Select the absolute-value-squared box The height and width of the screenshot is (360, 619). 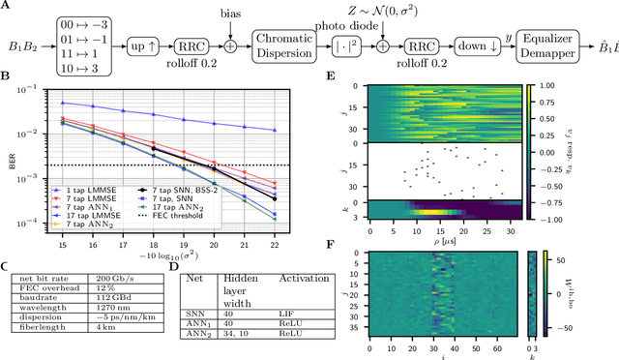tap(348, 45)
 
